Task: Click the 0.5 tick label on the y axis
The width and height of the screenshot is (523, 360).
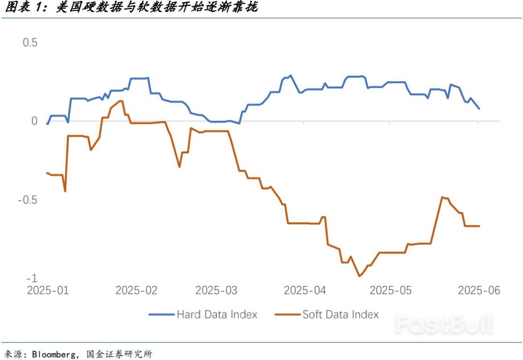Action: [x=31, y=43]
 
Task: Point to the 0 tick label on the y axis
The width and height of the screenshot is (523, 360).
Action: [x=34, y=121]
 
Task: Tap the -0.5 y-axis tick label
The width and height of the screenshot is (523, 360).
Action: [x=27, y=200]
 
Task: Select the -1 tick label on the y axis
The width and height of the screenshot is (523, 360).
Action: [x=32, y=278]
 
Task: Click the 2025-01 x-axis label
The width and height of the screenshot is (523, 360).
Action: [x=47, y=290]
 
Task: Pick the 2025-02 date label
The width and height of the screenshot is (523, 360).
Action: [x=137, y=290]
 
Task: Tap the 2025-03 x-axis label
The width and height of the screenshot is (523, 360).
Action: [x=216, y=290]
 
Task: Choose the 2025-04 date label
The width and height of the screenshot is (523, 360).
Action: [x=305, y=290]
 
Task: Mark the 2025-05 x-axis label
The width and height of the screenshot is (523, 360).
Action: [x=390, y=290]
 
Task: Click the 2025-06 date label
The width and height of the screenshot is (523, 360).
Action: [x=479, y=290]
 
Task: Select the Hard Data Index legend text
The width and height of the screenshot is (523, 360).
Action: [x=217, y=314]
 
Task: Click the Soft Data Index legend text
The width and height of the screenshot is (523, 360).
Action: [x=340, y=314]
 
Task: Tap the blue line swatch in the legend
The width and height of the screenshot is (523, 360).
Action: [x=161, y=314]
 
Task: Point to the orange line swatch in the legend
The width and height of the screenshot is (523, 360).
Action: [x=287, y=314]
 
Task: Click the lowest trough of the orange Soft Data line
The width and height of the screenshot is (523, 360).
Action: [x=359, y=276]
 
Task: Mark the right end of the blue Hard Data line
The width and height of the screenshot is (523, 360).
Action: [x=479, y=109]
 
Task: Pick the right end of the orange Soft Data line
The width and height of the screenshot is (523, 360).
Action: [x=479, y=226]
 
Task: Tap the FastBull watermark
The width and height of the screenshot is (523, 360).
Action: [x=443, y=325]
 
